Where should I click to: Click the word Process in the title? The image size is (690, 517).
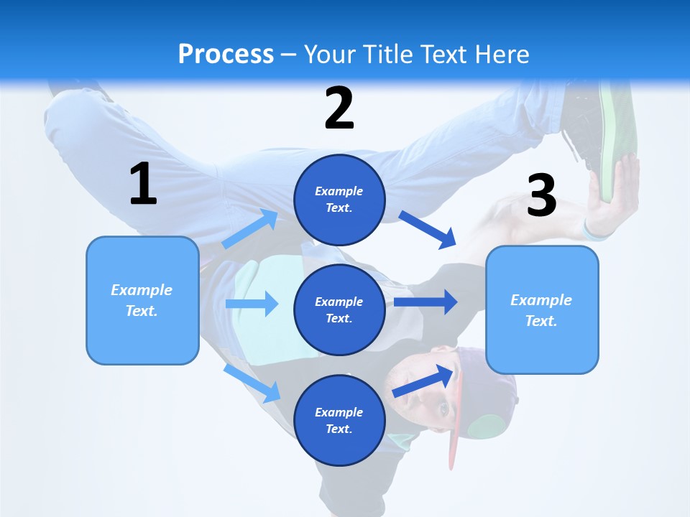coord(226,54)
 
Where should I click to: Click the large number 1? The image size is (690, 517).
coord(143,185)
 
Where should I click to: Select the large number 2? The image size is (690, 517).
coord(339,108)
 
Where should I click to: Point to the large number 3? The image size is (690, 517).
coord(542,195)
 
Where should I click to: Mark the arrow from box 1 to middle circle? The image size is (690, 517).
coord(252,304)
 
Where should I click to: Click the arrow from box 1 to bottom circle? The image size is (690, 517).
coord(252,383)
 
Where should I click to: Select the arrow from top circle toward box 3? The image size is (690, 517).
coord(428,229)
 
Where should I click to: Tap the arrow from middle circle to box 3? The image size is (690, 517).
coord(425,302)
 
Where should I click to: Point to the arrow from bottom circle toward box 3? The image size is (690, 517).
coord(424,381)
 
